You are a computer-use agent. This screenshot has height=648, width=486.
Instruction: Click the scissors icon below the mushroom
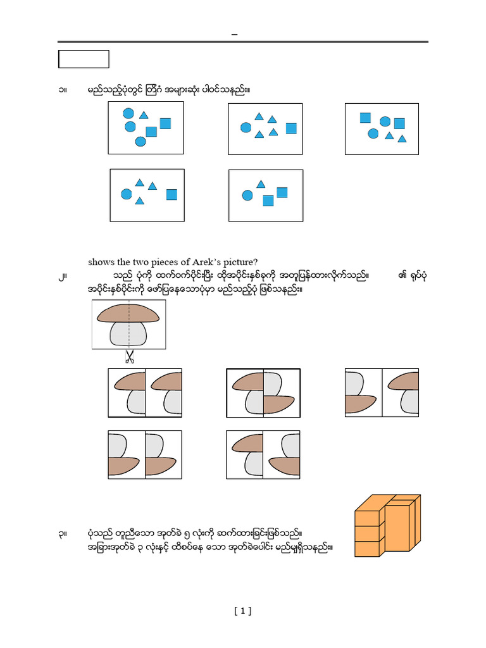click(130, 358)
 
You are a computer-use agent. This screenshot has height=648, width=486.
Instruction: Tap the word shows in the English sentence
click(101, 263)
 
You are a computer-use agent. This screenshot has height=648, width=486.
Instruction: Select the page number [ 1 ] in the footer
click(242, 611)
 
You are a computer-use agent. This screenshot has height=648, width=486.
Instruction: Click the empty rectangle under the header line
click(84, 59)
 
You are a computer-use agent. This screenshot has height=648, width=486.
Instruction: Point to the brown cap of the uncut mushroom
click(127, 312)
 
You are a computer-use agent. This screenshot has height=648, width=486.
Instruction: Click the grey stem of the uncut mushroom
click(129, 333)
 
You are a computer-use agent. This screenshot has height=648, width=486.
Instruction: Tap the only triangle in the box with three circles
click(144, 115)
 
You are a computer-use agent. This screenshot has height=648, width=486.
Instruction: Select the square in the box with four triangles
click(291, 128)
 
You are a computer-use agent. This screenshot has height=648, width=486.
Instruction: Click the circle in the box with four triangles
click(246, 128)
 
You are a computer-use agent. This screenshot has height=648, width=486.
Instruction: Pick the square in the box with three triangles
click(171, 194)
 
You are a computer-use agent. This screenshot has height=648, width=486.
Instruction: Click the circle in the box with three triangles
click(126, 194)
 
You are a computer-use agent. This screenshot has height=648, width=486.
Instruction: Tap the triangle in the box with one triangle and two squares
click(261, 184)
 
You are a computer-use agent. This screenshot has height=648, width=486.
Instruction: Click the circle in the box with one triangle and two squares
click(247, 196)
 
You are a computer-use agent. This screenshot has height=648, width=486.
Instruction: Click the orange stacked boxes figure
click(387, 525)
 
